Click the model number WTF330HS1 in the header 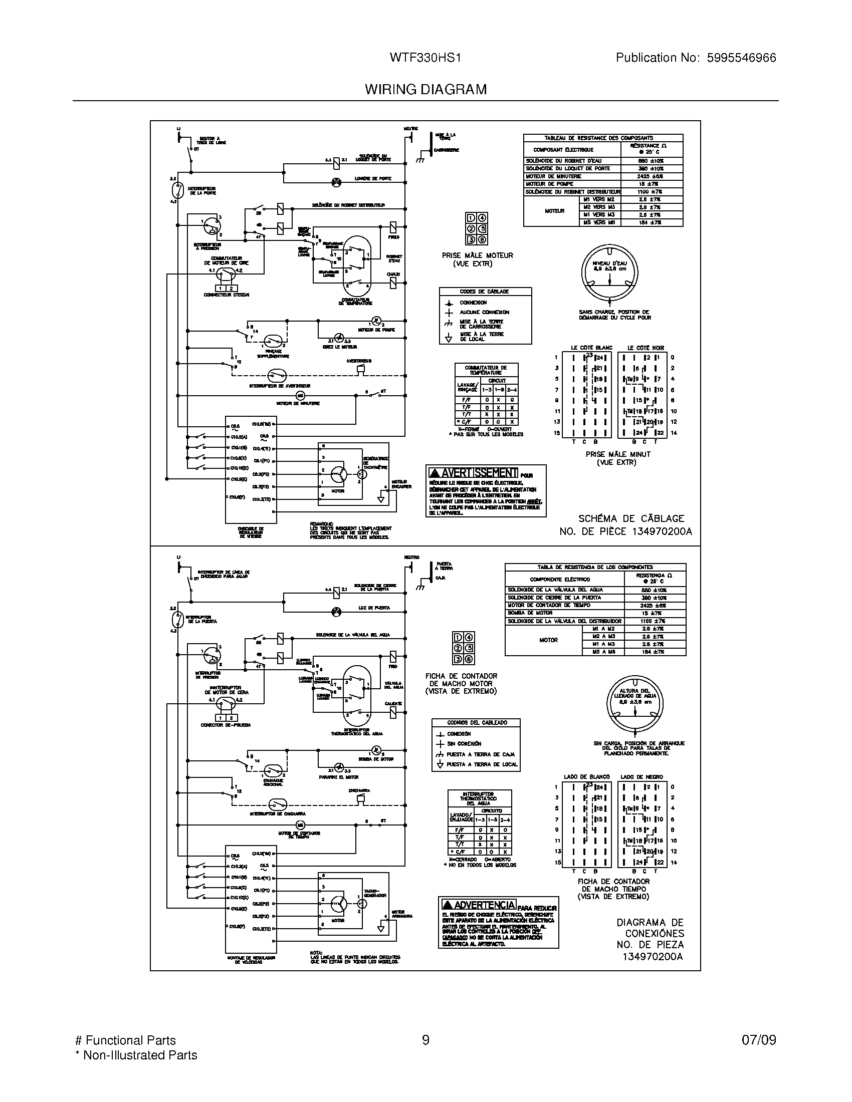pos(425,58)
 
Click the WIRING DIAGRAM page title pos(425,90)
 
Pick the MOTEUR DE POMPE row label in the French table pos(549,184)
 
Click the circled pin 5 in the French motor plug pos(482,228)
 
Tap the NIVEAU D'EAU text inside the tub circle pos(609,263)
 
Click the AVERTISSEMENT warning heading pos(473,473)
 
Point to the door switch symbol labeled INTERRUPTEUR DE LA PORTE pos(176,190)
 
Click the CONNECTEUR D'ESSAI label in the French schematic pos(226,295)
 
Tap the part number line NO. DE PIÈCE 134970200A pos(625,531)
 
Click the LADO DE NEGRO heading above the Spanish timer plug pos(641,776)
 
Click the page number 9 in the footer pos(425,1040)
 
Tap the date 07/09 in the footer pos(759,1040)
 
